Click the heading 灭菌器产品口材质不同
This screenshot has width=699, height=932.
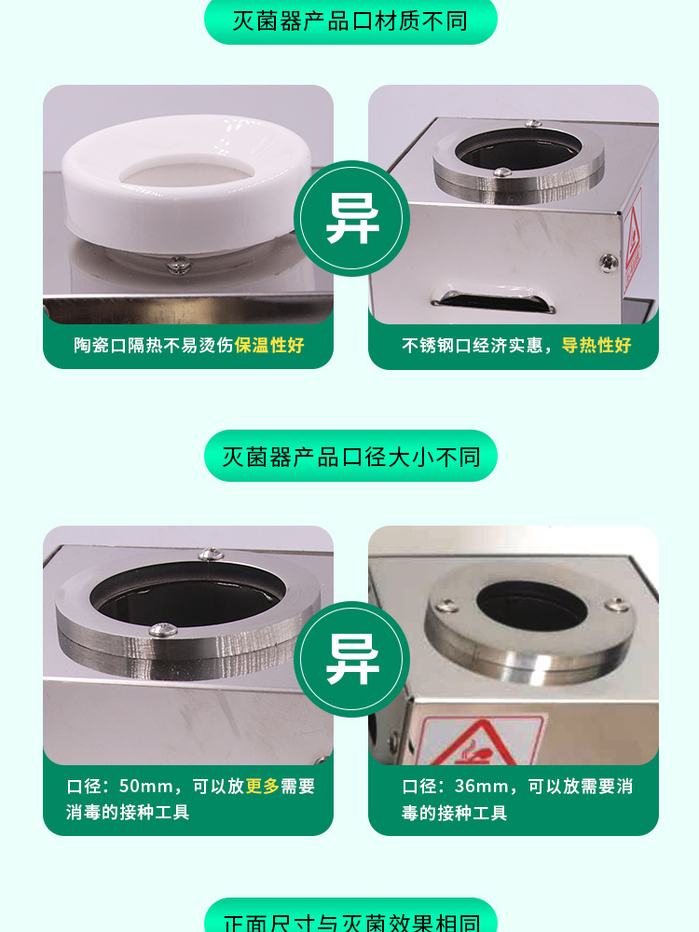(x=350, y=21)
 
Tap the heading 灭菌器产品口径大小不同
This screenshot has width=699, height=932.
(x=350, y=457)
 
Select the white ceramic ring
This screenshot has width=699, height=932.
(x=186, y=186)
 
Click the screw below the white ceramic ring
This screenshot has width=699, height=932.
(x=177, y=267)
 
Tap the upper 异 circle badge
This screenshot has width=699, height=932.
(x=351, y=219)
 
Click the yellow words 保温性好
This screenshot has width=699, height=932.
(x=269, y=346)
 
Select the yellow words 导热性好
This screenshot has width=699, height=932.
(x=596, y=346)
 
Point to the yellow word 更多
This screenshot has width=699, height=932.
(x=263, y=787)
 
